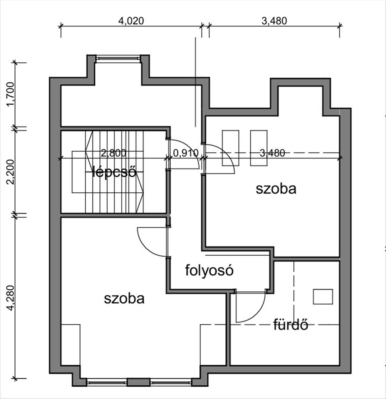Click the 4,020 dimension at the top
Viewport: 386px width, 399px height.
(x=131, y=21)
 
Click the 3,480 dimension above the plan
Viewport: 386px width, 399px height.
(x=274, y=21)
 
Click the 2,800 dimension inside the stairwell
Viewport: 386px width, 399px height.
(x=113, y=153)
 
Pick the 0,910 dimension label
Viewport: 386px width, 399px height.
(x=186, y=153)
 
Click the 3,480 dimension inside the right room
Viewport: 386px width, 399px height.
(x=272, y=153)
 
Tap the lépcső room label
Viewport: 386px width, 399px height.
(x=114, y=172)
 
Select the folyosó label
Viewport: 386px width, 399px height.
(x=209, y=271)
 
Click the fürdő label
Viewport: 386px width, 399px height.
(x=291, y=325)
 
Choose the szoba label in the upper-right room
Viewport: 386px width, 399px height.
(x=276, y=188)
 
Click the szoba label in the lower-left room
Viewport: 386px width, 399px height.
(x=124, y=298)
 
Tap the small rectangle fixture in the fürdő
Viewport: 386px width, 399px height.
(x=323, y=297)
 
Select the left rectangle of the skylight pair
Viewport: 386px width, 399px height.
(x=231, y=148)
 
